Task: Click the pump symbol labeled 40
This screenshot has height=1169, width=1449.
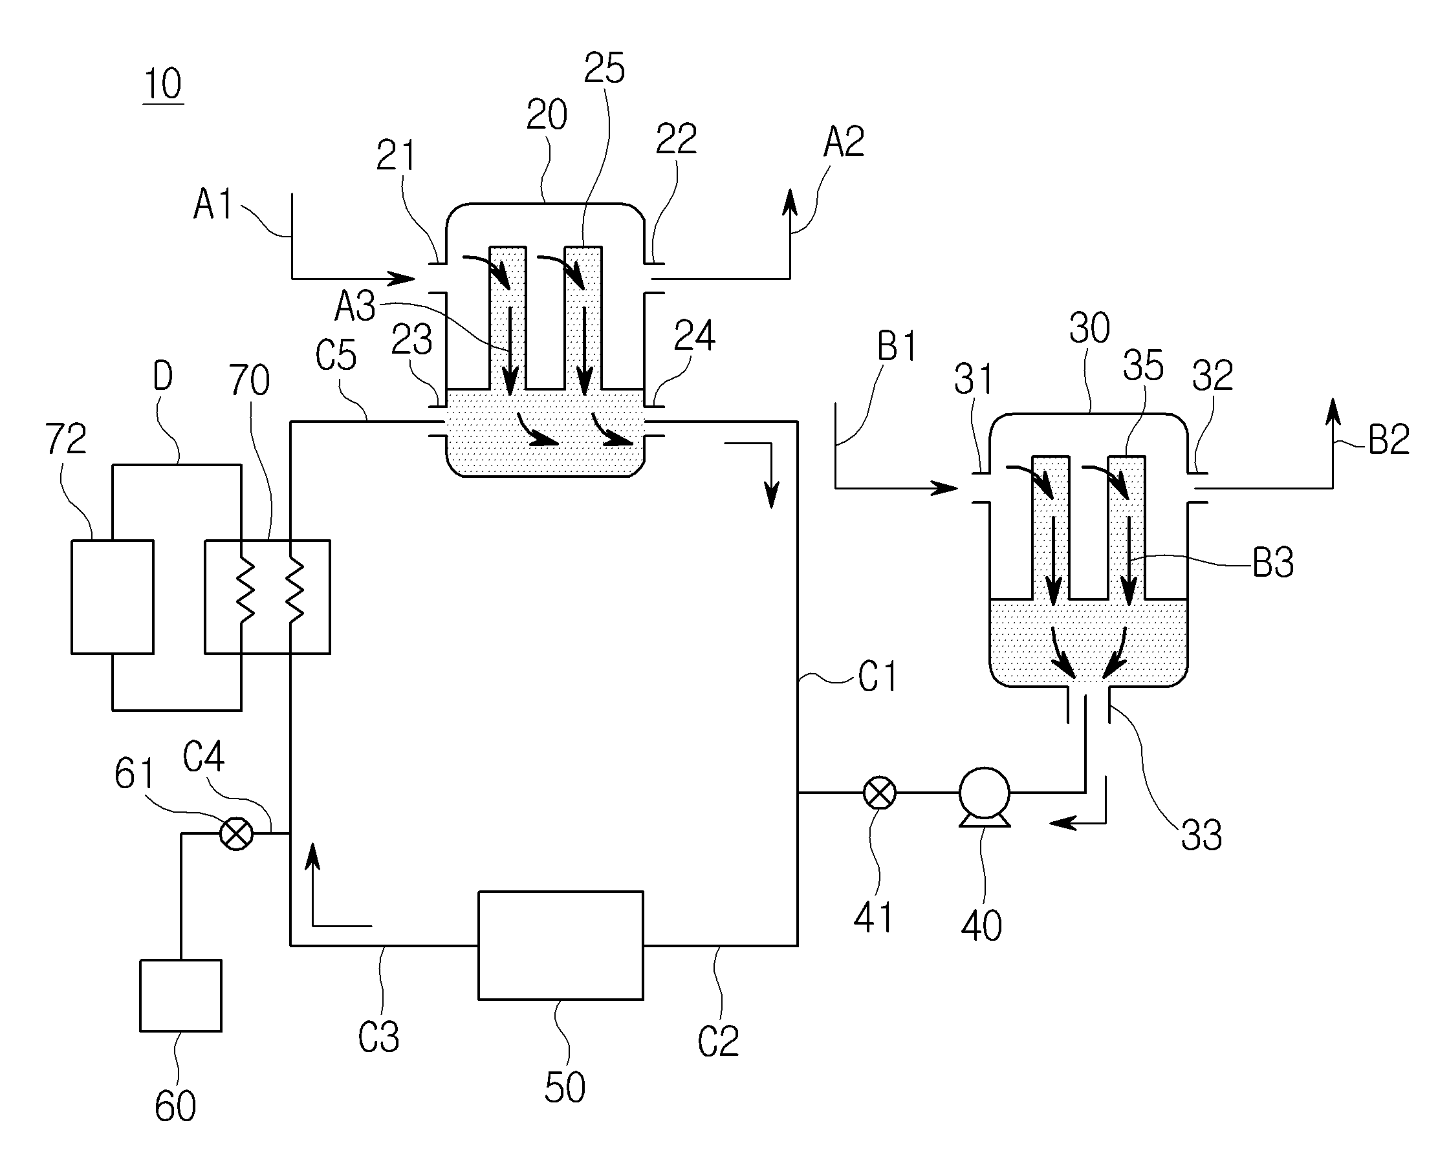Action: point(984,797)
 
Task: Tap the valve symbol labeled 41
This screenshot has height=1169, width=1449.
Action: point(880,793)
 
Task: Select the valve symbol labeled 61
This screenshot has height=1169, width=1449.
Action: point(237,834)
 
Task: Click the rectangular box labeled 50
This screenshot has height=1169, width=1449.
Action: point(560,945)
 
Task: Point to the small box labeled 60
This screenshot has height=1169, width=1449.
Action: point(180,995)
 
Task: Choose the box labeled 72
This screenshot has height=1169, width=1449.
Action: point(113,597)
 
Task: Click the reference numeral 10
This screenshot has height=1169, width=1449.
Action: point(163,85)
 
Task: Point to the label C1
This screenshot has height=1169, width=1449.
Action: point(877,677)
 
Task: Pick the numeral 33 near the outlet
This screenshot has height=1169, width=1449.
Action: point(1202,835)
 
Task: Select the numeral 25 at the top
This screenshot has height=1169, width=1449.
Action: point(604,68)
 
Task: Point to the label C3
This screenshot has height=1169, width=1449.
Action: point(378,1037)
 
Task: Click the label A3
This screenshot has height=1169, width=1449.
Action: point(355,306)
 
